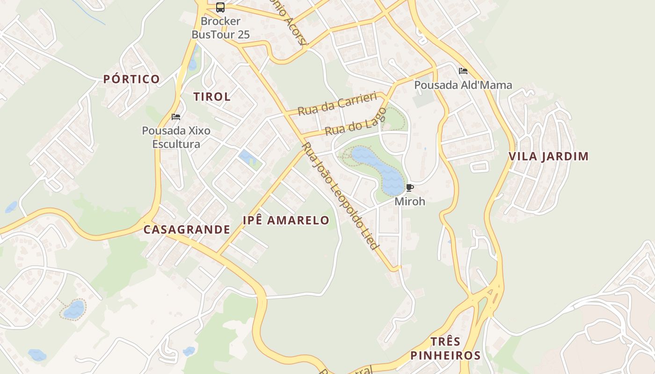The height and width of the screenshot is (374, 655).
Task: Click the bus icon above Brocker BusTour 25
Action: tap(220, 7)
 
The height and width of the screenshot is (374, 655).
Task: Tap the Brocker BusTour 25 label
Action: tap(221, 28)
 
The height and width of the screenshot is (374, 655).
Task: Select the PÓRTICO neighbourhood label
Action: tap(131, 79)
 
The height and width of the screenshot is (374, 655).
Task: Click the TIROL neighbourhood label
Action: tap(212, 97)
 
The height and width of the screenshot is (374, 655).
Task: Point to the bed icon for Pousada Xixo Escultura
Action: tap(176, 117)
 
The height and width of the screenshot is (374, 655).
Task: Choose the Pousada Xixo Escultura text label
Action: tap(176, 137)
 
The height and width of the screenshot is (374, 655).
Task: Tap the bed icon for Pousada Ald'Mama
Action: tap(463, 71)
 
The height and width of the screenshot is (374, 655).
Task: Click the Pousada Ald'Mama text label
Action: tap(463, 85)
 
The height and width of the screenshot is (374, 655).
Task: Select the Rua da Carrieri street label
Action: tap(337, 104)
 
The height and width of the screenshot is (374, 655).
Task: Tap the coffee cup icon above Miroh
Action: tap(410, 188)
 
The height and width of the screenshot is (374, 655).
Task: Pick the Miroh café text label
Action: tap(410, 201)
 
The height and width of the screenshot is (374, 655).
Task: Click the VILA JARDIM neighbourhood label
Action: tap(548, 157)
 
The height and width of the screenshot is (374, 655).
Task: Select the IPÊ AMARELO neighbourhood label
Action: tap(286, 220)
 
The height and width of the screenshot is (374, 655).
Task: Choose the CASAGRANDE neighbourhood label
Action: tap(187, 230)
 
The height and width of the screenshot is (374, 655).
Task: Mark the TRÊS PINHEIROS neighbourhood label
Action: tap(445, 348)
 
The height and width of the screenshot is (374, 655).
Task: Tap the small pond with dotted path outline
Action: tap(73, 309)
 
